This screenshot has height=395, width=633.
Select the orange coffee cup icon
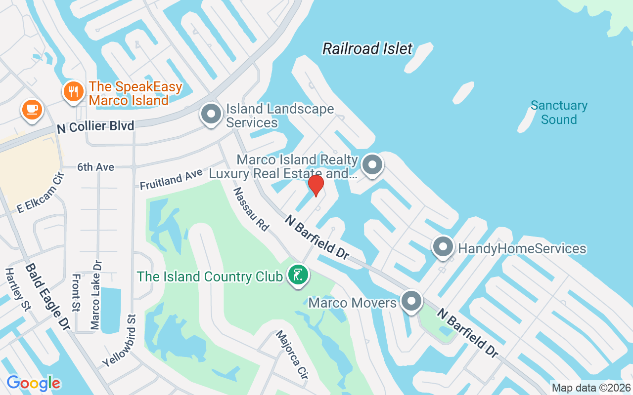pos(32,109)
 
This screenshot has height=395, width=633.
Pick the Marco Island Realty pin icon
pos(372,165)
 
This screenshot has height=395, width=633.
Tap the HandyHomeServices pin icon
pos(443,247)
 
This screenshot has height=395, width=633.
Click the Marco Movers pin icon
pos(411,301)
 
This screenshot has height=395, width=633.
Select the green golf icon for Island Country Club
pos(298,276)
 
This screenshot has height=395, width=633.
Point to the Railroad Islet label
pos(367,48)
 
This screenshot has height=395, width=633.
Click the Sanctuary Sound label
pos(559,113)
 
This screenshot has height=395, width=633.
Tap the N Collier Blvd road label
pos(95,127)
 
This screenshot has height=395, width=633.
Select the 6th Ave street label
pos(95,167)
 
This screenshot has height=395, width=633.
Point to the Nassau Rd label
pos(251,209)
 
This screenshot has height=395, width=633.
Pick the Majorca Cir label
pos(292,355)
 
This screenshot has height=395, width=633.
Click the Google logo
pos(33,383)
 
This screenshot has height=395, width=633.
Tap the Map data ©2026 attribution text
pos(591,388)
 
